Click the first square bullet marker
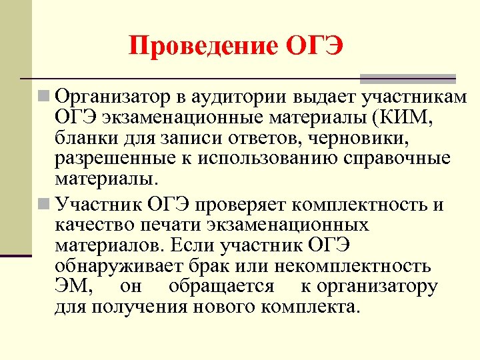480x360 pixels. pyautogui.click(x=44, y=97)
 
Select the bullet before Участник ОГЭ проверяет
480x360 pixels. pyautogui.click(x=44, y=202)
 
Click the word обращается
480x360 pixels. pyautogui.click(x=222, y=287)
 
